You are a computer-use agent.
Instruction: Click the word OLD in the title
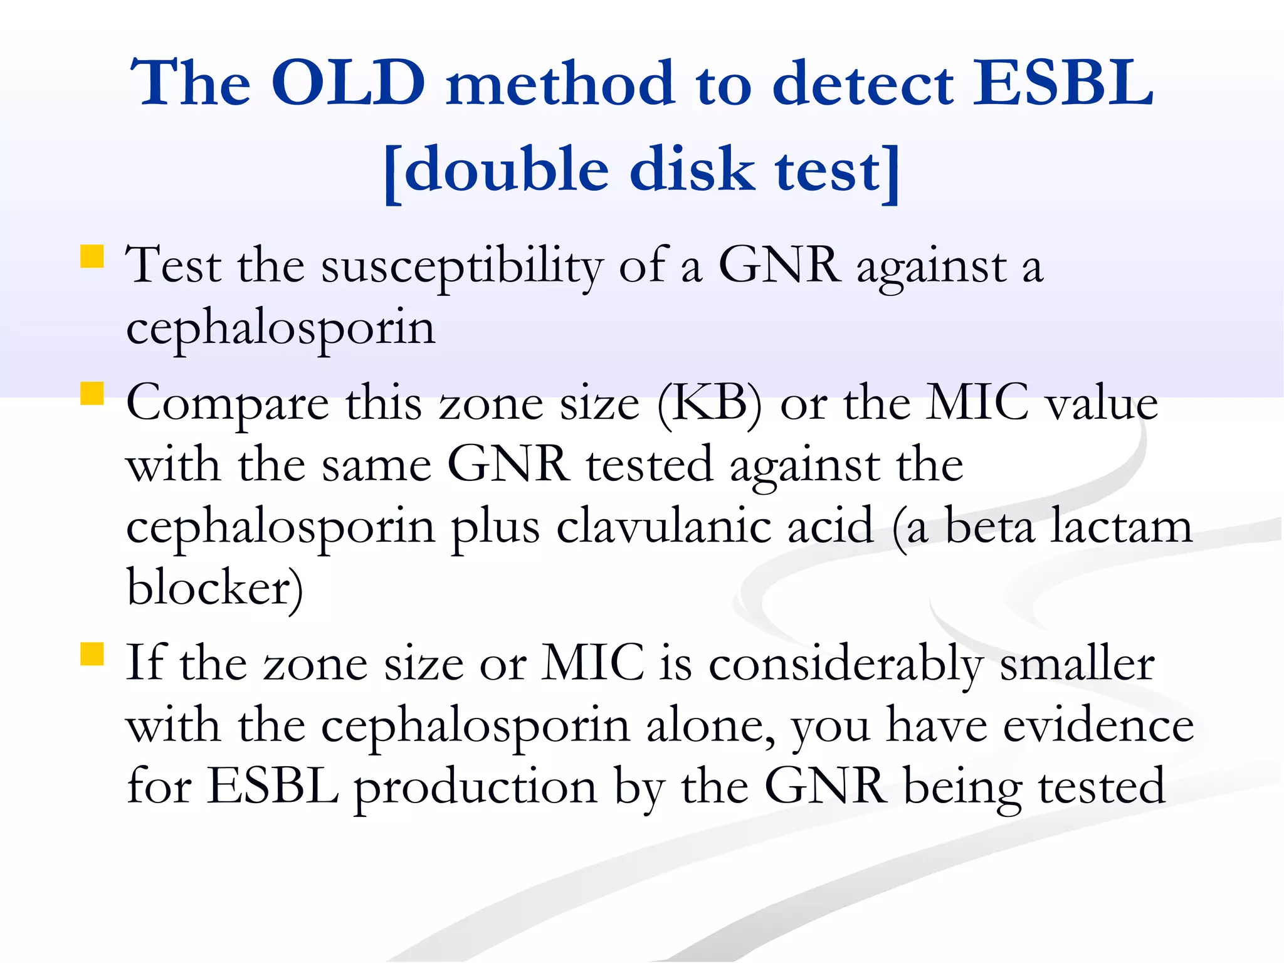[348, 83]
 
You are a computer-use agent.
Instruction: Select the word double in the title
[507, 171]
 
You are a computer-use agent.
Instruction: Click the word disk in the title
[692, 171]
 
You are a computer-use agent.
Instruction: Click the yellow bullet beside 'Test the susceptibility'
[92, 257]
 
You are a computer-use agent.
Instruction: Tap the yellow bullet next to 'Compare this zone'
[92, 394]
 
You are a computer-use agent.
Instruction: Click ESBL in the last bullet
[273, 786]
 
